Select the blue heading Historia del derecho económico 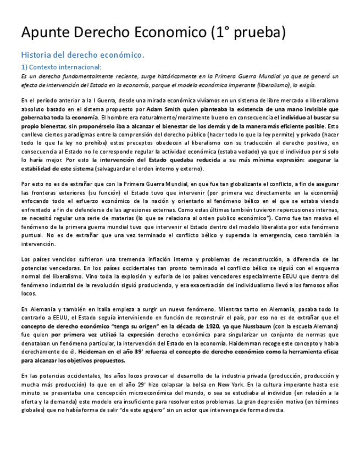(82, 55)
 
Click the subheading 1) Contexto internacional (61, 67)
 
